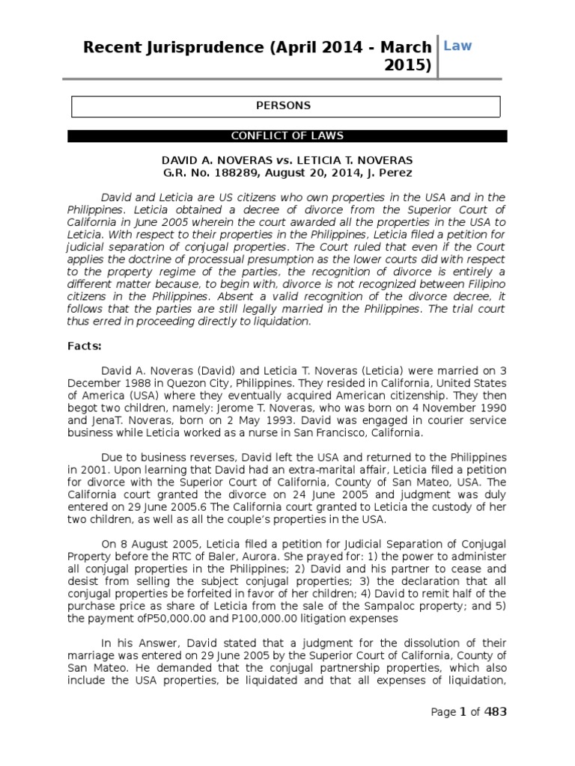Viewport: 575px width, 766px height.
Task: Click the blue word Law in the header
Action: (x=457, y=46)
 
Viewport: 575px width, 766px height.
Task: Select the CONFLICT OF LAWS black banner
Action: (x=287, y=136)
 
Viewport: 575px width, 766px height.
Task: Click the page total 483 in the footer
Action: (x=495, y=711)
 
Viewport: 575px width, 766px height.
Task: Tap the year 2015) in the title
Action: (x=408, y=66)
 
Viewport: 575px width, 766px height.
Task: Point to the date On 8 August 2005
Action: (x=146, y=533)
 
